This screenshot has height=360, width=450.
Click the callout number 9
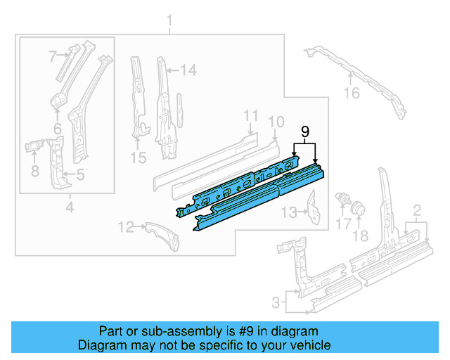304,131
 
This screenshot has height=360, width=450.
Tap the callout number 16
351,93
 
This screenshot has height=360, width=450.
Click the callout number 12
125,226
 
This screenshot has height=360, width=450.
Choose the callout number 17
343,224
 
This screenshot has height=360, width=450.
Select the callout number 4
69,207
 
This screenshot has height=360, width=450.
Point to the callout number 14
188,70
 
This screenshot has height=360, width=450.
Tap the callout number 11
251,115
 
